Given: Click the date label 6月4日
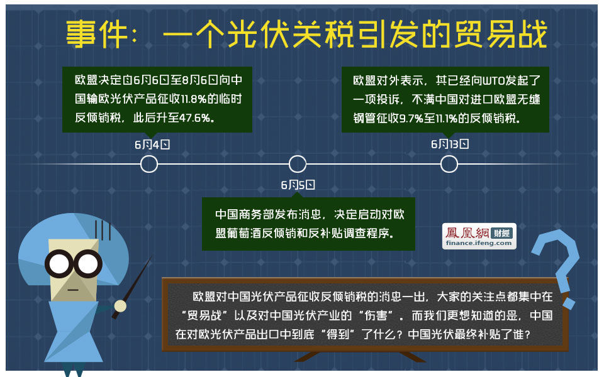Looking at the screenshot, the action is click(152, 145).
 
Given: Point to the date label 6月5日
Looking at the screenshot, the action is click(298, 185).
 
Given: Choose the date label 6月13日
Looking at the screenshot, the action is click(449, 145).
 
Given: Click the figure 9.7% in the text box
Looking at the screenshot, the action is click(411, 118).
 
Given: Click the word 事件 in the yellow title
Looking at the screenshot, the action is click(97, 34).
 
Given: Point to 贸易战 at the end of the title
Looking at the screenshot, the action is click(501, 34).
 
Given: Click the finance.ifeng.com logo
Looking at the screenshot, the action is click(479, 236).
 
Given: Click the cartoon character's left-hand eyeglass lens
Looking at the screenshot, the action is click(59, 264).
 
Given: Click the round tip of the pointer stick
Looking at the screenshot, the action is click(120, 306).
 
